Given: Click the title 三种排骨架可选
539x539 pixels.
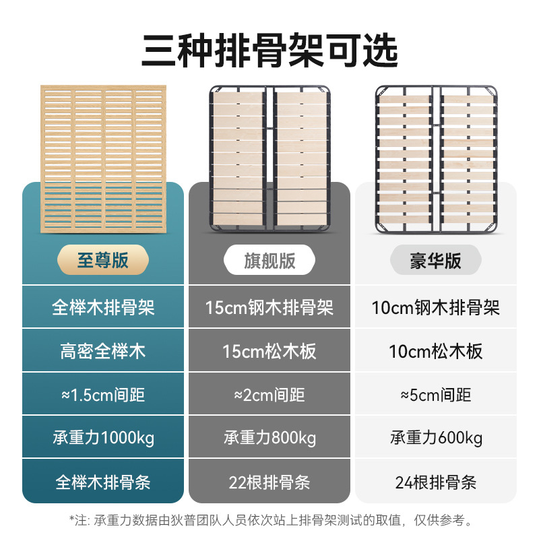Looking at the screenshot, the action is pos(269,51).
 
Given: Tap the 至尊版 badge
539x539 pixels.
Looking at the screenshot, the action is pos(102,260).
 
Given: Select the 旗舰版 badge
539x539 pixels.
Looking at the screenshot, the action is pos(269,261).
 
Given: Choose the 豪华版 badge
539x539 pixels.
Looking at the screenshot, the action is pos(436,261).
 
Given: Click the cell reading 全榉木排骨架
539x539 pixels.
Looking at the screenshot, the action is pos(103,307).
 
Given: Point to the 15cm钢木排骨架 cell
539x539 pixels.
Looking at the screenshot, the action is pos(269,307).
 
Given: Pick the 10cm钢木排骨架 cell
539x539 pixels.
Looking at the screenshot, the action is pos(436,307).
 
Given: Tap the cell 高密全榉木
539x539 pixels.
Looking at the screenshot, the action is pos(103,351).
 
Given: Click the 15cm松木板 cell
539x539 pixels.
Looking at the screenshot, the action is pos(269,351).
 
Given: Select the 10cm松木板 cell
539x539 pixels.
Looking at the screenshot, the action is pos(436,351).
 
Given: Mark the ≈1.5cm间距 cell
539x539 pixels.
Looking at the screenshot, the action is pos(103,395).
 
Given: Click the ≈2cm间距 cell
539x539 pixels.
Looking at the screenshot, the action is pos(269,395).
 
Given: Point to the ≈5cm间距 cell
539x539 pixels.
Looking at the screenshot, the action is pos(436,395).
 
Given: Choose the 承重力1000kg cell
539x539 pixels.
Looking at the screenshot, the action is pos(103,438).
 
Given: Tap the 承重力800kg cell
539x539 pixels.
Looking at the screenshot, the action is pos(269,438).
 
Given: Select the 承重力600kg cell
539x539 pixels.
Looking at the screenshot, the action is pos(436,438).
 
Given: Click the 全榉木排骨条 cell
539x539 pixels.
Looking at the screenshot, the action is pos(103,482).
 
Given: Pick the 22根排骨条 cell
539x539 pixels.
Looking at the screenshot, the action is pos(269,482).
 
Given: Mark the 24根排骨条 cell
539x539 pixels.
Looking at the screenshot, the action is pos(436,482).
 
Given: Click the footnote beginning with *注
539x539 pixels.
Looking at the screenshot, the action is pos(269,519).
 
